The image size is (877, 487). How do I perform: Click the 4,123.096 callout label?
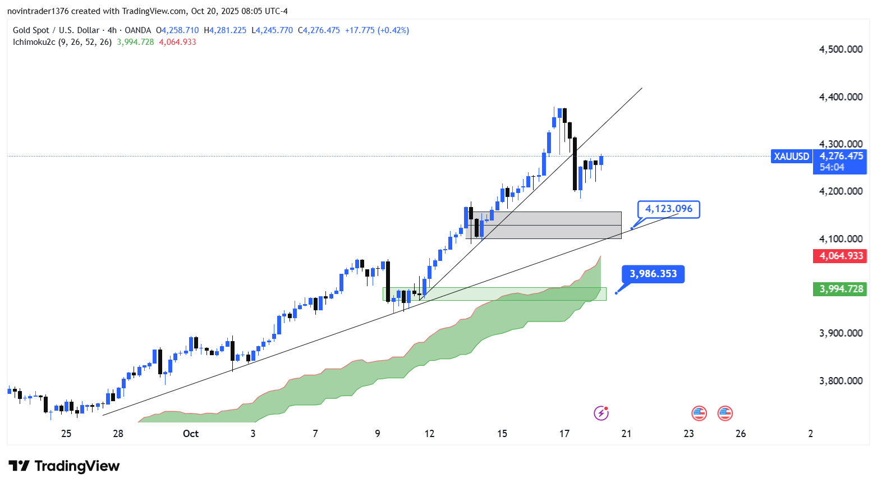[668, 209]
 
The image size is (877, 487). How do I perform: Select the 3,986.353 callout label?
[653, 274]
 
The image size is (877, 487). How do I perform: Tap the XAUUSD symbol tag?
[791, 157]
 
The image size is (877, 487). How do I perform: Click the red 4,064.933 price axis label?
[841, 256]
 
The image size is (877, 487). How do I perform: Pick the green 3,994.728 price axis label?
[841, 289]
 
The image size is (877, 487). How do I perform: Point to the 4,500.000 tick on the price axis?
[841, 49]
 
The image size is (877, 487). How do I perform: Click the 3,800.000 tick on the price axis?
[841, 381]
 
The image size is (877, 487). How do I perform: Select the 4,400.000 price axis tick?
[841, 97]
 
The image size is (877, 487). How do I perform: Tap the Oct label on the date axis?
[191, 434]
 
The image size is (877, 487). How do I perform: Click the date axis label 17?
[564, 434]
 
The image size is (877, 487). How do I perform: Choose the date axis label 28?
[118, 434]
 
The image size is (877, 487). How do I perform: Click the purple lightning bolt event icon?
[601, 414]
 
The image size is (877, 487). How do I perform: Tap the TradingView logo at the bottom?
[64, 466]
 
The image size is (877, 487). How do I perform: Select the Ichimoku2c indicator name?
[34, 42]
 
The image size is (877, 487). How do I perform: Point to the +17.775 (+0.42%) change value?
[376, 30]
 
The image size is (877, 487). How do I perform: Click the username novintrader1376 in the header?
[38, 11]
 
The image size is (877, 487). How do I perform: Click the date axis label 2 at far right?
[810, 434]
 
